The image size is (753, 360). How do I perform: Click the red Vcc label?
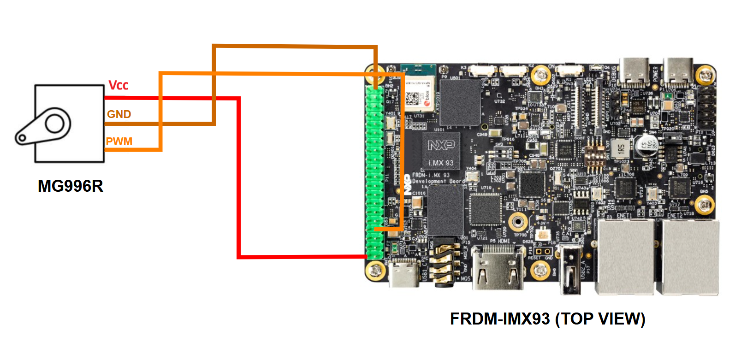[x=118, y=85]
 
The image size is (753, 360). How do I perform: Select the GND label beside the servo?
[x=119, y=114]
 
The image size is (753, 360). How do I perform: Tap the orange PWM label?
[x=119, y=142]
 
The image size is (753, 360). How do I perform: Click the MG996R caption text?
[x=70, y=186]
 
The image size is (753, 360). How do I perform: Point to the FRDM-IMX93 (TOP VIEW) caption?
[x=547, y=319]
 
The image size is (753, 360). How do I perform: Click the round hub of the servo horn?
[x=54, y=123]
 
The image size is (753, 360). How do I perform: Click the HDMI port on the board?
[x=498, y=267]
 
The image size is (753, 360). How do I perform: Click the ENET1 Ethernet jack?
[x=625, y=256]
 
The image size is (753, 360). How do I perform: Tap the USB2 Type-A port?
[x=570, y=270]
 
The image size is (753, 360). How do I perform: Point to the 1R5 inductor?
[x=620, y=148]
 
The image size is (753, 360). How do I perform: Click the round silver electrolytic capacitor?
[x=645, y=147]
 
